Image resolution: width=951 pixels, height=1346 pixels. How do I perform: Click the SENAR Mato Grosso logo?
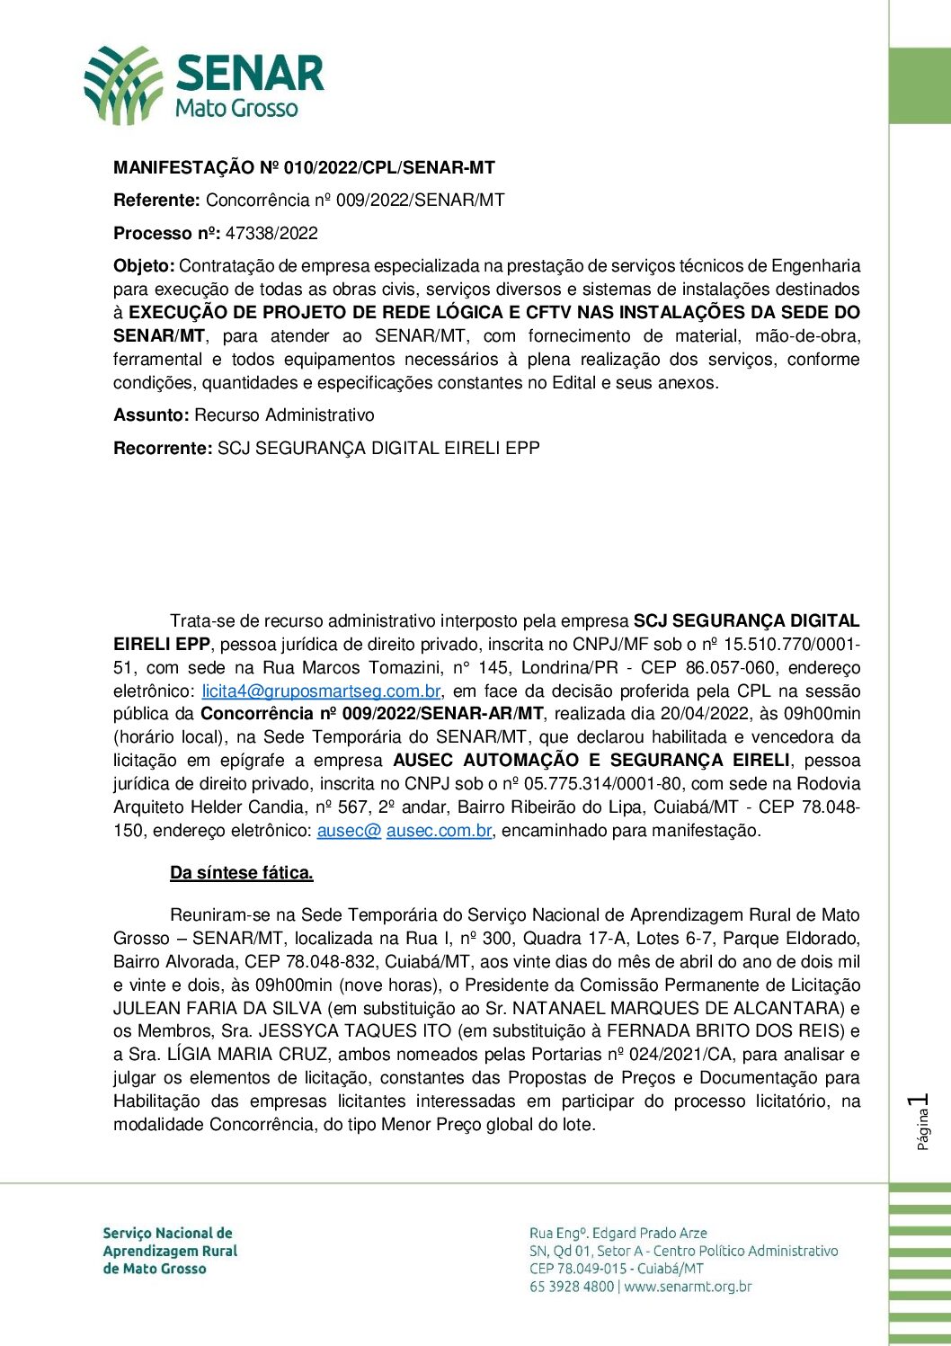pyautogui.click(x=204, y=85)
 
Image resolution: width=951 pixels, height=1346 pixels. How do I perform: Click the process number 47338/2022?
pyautogui.click(x=271, y=234)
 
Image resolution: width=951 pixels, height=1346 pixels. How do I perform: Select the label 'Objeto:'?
pyautogui.click(x=144, y=266)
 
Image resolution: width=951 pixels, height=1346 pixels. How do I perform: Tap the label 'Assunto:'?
pyautogui.click(x=151, y=415)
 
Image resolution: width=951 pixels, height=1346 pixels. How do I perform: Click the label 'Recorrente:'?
pyautogui.click(x=163, y=448)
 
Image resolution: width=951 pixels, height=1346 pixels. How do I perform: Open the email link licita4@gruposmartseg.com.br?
pyautogui.click(x=321, y=691)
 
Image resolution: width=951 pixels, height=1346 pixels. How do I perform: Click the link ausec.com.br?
pyautogui.click(x=439, y=831)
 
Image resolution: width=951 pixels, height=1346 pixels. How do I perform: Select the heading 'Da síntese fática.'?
pyautogui.click(x=242, y=873)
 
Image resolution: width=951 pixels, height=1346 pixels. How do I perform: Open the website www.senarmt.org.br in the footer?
pyautogui.click(x=688, y=1287)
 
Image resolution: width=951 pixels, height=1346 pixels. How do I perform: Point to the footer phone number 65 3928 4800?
pyautogui.click(x=572, y=1287)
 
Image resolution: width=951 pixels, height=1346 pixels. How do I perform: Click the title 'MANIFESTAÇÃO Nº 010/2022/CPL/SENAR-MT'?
pyautogui.click(x=304, y=168)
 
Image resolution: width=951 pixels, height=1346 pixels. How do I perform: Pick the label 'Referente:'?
pyautogui.click(x=156, y=201)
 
